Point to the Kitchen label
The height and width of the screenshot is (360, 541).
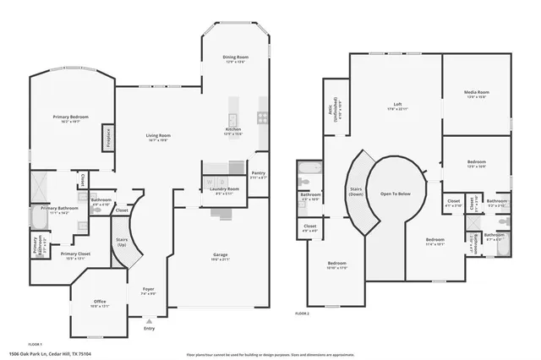click(x=233, y=129)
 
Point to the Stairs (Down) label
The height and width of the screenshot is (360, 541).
click(x=356, y=192)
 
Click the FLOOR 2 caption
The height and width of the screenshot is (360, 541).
click(x=303, y=313)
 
